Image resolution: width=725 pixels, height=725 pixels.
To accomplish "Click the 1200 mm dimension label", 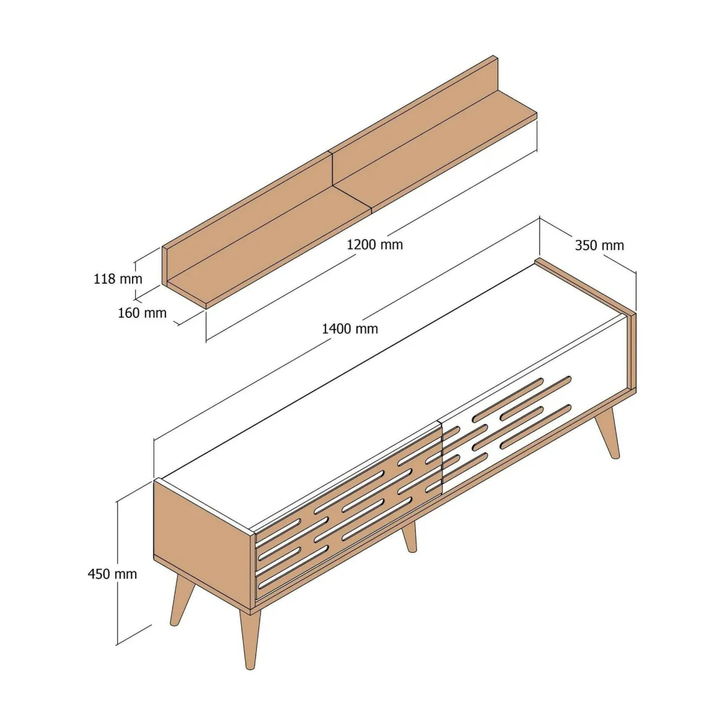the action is click(x=375, y=245).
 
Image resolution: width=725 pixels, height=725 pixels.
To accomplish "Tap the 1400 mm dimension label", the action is click(x=350, y=329).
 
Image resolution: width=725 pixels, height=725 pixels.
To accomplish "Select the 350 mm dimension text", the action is click(x=599, y=245).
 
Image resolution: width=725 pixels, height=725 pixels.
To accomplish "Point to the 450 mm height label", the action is click(x=112, y=574).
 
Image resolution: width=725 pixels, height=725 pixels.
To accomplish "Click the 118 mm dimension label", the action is click(x=118, y=279).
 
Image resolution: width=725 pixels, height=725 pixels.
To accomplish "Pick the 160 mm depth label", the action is click(x=142, y=313).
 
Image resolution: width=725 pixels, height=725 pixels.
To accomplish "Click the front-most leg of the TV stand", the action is click(x=250, y=639).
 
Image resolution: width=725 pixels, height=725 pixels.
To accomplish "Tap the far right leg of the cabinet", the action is click(x=607, y=433).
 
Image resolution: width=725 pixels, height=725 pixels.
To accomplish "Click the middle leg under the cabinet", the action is click(x=409, y=537).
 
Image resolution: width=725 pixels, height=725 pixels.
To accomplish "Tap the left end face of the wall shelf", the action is click(x=164, y=266).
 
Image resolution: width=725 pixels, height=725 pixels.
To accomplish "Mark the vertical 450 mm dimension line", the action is click(x=118, y=572).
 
